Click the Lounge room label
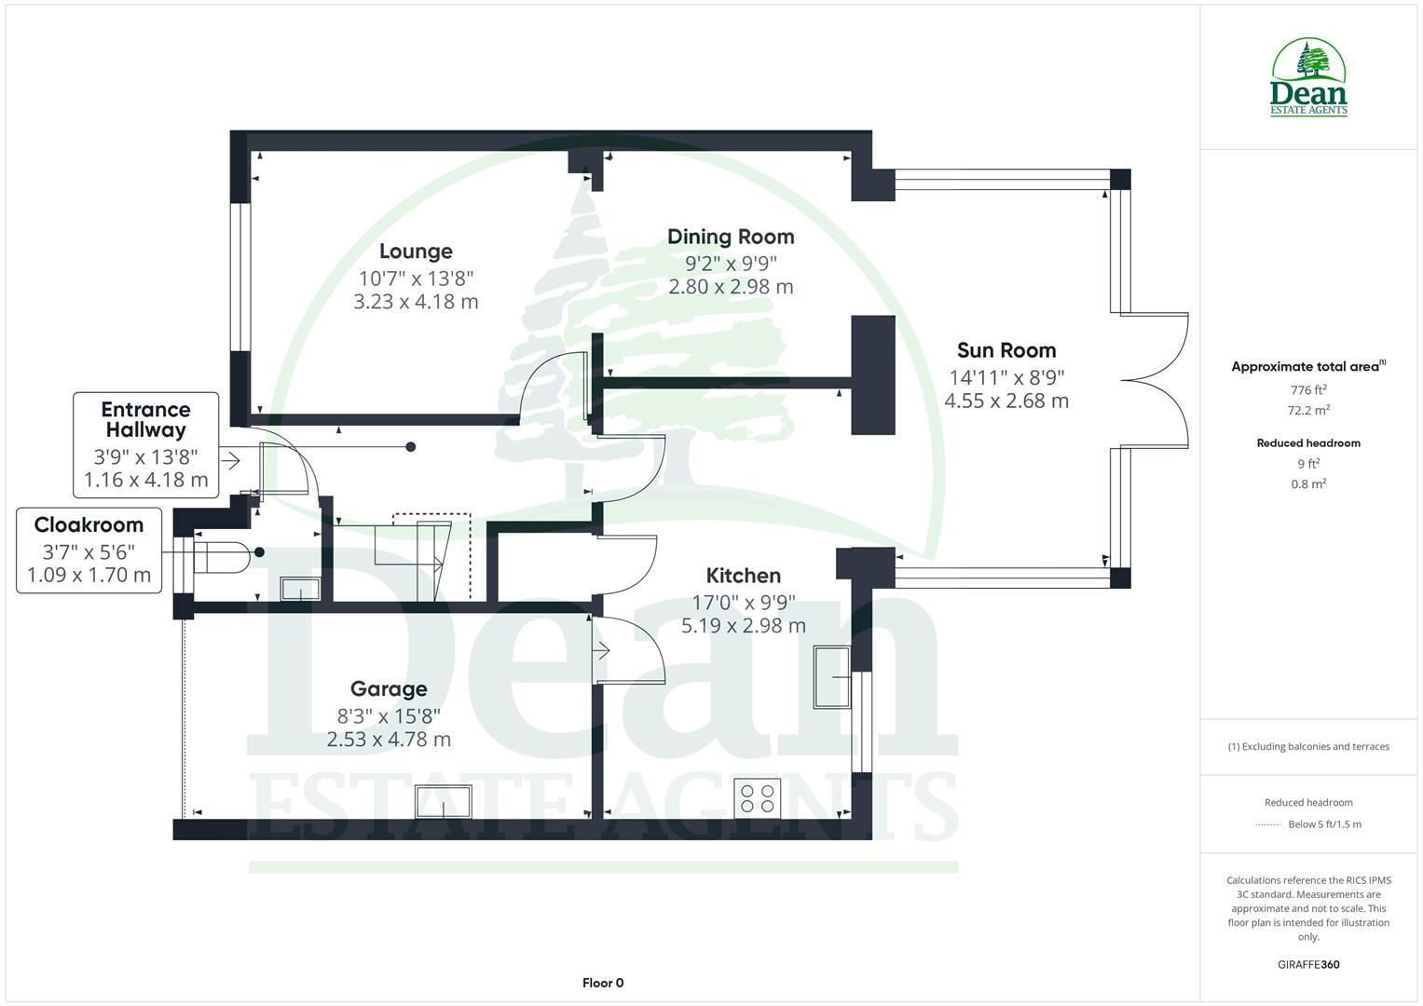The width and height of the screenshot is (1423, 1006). tap(416, 251)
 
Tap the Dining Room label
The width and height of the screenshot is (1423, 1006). tap(731, 237)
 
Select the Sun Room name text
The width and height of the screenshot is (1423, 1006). tap(1006, 350)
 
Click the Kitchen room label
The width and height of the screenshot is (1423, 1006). tap(743, 576)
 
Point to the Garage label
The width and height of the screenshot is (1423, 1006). tap(389, 689)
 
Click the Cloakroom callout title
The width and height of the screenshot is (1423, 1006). tap(89, 525)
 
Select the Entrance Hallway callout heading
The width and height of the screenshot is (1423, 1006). tap(145, 419)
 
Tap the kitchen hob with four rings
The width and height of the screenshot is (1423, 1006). tap(756, 797)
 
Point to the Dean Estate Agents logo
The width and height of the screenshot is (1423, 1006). tap(1308, 78)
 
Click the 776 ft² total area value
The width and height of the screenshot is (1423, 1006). tap(1308, 390)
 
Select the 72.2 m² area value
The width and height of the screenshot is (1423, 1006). tap(1308, 410)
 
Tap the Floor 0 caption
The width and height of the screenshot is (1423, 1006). tap(603, 983)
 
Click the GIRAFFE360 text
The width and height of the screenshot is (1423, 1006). tap(1308, 965)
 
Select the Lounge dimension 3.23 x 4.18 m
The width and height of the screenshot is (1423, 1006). tap(416, 302)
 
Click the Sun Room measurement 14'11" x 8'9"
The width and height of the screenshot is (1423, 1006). tap(1006, 377)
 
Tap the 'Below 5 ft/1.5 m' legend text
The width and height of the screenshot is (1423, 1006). tap(1324, 824)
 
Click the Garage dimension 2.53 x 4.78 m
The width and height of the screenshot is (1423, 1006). tap(389, 740)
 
